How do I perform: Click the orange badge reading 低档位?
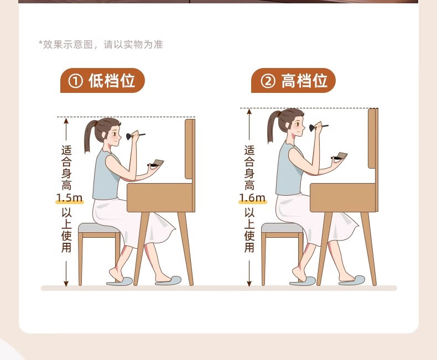[102, 81]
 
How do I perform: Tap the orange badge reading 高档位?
[293, 81]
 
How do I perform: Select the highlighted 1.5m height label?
[69, 197]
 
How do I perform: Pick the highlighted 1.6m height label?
[252, 197]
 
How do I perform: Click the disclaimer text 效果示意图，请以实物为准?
[102, 45]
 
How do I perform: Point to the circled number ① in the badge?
[76, 81]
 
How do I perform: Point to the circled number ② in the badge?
[268, 81]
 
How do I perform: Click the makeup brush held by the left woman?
[135, 136]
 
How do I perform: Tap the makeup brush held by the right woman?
[318, 127]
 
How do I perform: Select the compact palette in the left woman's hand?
[156, 163]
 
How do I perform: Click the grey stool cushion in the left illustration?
[98, 228]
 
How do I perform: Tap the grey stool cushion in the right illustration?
[281, 228]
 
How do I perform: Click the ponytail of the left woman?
[89, 137]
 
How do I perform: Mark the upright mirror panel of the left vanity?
[190, 149]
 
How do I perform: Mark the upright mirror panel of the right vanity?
[373, 138]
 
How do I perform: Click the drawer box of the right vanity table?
[344, 197]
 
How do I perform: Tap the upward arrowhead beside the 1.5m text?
[66, 121]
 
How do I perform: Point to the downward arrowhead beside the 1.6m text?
[249, 284]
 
